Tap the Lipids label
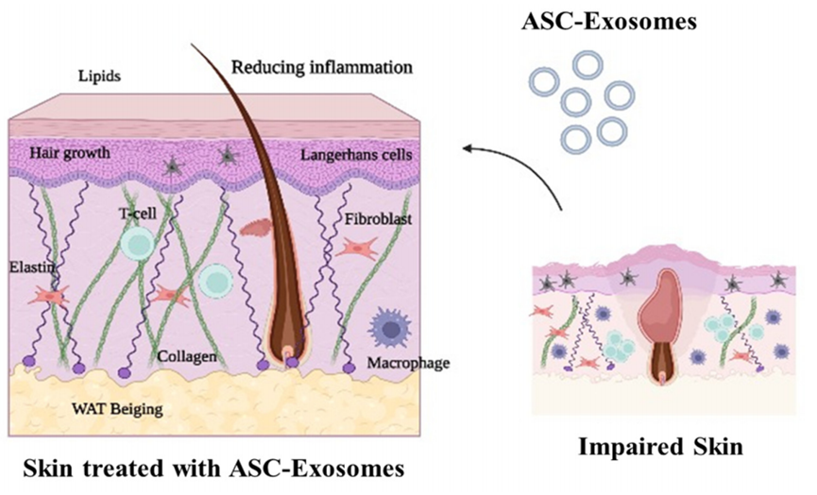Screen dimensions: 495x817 (x=101, y=75)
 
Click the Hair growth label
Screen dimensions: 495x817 (x=69, y=151)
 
